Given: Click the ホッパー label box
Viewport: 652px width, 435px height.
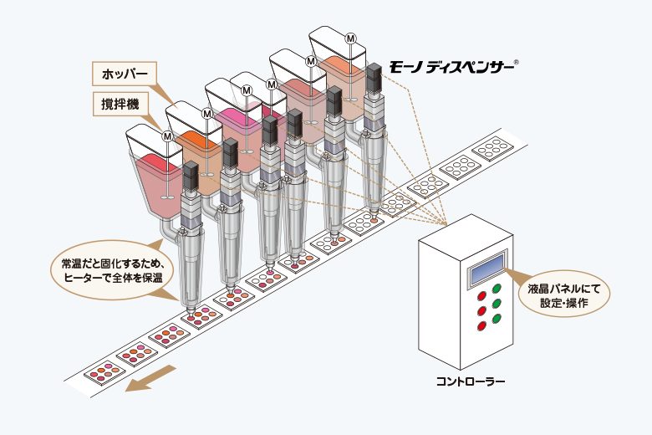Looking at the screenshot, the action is point(125,74).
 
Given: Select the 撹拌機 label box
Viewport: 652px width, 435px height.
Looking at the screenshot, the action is point(120,104).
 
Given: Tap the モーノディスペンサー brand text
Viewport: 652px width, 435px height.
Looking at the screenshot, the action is point(451,68).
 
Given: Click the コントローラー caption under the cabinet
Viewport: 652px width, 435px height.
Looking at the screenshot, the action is point(471,381).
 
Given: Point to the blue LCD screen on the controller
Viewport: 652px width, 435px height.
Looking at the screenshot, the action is point(486,268).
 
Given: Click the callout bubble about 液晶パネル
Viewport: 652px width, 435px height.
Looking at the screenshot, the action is point(564,294).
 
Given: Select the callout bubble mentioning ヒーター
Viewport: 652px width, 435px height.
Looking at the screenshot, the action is point(112,270).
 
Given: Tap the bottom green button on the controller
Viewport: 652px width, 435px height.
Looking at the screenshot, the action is point(496,319).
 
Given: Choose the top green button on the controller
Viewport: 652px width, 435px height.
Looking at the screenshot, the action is point(497,289).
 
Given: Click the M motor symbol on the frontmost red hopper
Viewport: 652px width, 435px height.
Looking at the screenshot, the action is point(167,136).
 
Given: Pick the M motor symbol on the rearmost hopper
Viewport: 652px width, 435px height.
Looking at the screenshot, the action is point(351,38).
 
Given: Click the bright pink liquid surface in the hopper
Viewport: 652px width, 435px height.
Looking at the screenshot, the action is point(237,116).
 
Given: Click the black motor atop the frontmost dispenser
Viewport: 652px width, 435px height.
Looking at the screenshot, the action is point(191,176).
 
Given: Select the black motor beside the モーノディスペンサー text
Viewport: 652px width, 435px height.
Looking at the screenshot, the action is point(374,79).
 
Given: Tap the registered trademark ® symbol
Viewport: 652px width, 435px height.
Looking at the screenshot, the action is point(516,63).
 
